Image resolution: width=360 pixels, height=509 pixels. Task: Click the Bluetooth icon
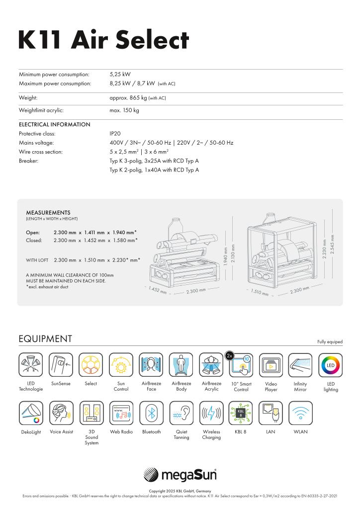pos(151,413)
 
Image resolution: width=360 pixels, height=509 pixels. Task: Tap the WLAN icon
pos(300,413)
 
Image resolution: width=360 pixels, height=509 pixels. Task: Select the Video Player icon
pos(271,365)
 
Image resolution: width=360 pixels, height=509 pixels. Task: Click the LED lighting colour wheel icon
pos(331,365)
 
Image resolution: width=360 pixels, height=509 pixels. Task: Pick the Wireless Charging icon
pos(211,413)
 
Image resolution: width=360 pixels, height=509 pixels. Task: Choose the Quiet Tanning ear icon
pos(181,413)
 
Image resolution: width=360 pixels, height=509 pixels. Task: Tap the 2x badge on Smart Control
pos(229,355)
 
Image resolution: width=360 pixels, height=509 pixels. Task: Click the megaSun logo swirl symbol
pos(151,475)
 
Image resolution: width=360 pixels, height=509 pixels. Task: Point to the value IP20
pos(115,134)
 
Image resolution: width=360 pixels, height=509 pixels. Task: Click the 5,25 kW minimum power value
pos(120,75)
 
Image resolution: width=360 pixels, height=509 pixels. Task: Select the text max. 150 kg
pos(124,110)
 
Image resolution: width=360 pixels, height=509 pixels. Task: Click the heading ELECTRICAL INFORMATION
pos(55,125)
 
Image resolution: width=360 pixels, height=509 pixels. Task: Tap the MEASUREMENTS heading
pos(48,213)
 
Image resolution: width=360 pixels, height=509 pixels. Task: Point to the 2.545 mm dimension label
pos(332,244)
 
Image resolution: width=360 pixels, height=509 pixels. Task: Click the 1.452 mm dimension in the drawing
pos(158,290)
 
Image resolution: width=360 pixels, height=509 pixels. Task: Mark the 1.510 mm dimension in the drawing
pos(260,292)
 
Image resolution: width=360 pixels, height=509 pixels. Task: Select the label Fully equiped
pos(330,342)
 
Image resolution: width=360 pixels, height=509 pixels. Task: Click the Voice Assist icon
pos(62,413)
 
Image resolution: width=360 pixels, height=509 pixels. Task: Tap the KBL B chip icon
pos(241,413)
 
